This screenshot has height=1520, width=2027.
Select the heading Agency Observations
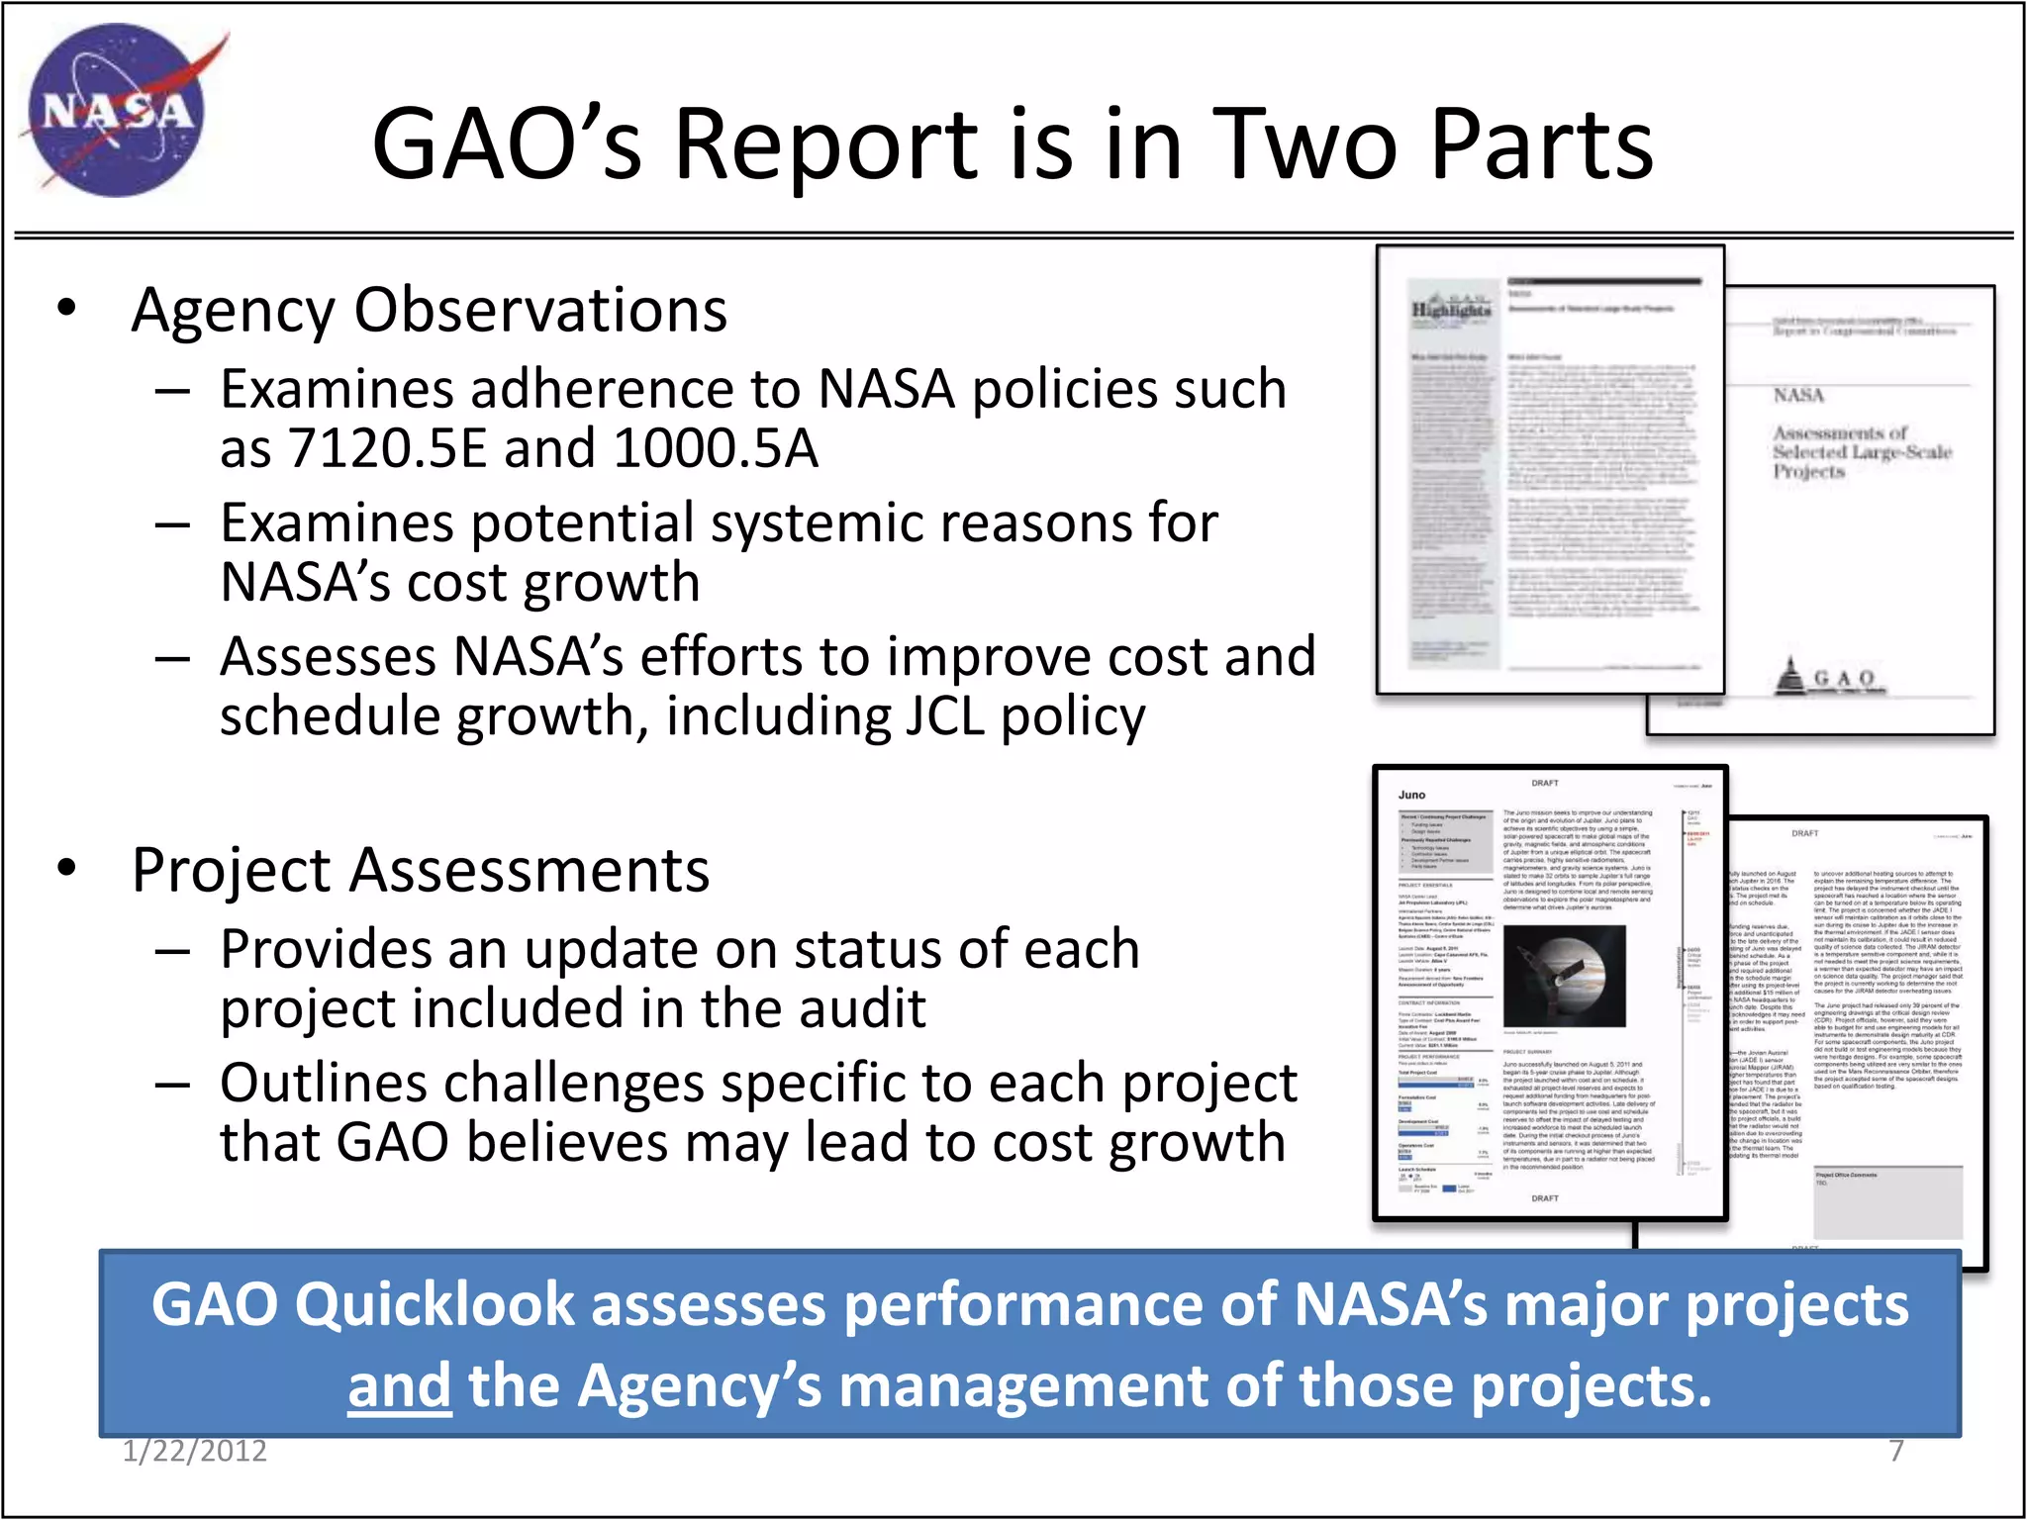(429, 311)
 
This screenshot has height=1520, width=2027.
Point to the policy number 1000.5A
(715, 448)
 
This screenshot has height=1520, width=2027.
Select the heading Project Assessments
(421, 871)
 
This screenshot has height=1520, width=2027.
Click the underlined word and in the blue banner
(399, 1385)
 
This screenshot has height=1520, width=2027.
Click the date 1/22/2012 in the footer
(195, 1451)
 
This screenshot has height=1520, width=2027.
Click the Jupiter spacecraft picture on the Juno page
(1564, 976)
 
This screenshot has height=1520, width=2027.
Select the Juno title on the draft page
(1411, 795)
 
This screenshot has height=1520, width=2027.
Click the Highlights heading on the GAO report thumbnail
(1450, 310)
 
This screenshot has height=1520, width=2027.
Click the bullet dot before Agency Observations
(66, 309)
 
